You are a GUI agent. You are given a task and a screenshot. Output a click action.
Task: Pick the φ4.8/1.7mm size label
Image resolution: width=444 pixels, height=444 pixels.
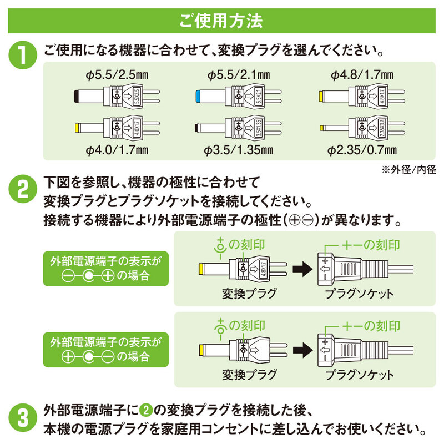(x=362, y=75)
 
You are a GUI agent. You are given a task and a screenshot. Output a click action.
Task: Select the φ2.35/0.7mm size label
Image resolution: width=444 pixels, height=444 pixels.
(x=362, y=149)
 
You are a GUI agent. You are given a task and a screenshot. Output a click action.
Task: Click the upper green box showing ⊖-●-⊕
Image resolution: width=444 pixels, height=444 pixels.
(x=105, y=269)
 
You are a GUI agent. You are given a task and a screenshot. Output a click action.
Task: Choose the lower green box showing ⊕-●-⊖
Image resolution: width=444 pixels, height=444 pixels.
(x=105, y=350)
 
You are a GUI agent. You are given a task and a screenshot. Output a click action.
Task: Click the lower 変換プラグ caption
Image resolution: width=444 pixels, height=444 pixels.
(x=249, y=375)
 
